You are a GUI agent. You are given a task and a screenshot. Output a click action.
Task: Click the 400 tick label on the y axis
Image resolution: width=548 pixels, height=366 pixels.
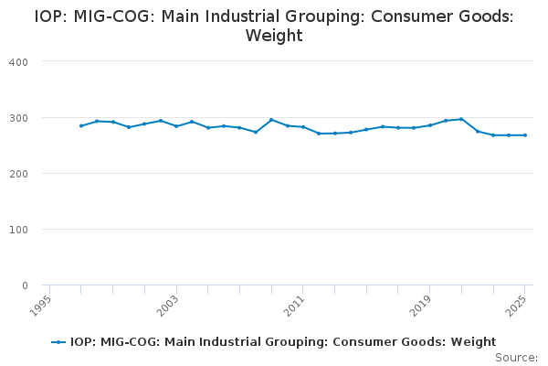pyautogui.click(x=19, y=61)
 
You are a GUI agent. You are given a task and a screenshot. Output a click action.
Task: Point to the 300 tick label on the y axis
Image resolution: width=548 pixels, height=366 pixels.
pyautogui.click(x=19, y=118)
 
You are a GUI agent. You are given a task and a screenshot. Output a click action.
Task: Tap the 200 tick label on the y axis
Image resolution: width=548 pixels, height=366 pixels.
pyautogui.click(x=19, y=174)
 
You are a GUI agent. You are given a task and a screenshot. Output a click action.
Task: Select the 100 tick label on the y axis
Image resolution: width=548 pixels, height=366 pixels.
pyautogui.click(x=19, y=230)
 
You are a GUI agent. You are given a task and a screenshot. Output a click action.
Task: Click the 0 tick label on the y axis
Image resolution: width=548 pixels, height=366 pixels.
pyautogui.click(x=25, y=285)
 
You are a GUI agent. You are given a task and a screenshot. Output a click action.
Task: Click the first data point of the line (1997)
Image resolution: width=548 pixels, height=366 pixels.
pyautogui.click(x=81, y=125)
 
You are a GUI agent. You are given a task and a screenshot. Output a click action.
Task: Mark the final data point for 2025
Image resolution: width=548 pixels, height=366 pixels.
pyautogui.click(x=525, y=135)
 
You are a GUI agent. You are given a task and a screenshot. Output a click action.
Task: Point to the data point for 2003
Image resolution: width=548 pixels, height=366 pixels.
pyautogui.click(x=176, y=126)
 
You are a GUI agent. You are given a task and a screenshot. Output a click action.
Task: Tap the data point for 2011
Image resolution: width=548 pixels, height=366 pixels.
pyautogui.click(x=303, y=127)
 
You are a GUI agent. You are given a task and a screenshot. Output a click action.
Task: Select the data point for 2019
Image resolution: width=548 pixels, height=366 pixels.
pyautogui.click(x=430, y=125)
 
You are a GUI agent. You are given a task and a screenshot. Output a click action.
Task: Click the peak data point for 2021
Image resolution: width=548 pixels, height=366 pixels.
pyautogui.click(x=461, y=119)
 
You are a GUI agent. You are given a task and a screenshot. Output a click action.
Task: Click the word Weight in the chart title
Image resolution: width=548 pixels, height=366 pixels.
pyautogui.click(x=274, y=37)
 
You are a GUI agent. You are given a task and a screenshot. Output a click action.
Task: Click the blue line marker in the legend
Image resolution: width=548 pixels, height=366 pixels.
pyautogui.click(x=58, y=342)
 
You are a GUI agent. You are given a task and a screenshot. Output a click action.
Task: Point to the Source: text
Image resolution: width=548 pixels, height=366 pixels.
pyautogui.click(x=516, y=357)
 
